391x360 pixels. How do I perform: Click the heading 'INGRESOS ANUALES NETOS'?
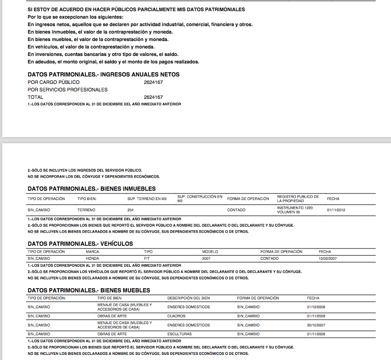click(x=140, y=75)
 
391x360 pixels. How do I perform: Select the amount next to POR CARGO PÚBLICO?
click(x=153, y=82)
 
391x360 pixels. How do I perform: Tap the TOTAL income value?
click(x=153, y=97)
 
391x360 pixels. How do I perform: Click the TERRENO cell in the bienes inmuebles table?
click(x=86, y=210)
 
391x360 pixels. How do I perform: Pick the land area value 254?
click(x=131, y=210)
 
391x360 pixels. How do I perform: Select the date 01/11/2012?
click(x=336, y=210)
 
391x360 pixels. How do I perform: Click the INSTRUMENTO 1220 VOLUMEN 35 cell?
click(x=295, y=210)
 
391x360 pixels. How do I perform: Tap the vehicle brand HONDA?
click(x=92, y=258)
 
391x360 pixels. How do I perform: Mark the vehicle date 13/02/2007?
click(x=328, y=258)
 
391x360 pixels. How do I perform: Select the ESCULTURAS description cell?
click(x=178, y=334)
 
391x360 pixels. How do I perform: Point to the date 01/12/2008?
click(x=316, y=307)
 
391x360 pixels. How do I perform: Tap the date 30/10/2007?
click(x=316, y=325)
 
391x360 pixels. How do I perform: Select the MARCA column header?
click(x=92, y=252)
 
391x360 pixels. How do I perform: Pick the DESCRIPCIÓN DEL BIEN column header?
click(x=189, y=298)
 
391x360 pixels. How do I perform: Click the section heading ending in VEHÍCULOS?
click(x=80, y=244)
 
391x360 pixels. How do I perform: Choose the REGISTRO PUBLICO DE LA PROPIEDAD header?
click(x=298, y=199)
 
